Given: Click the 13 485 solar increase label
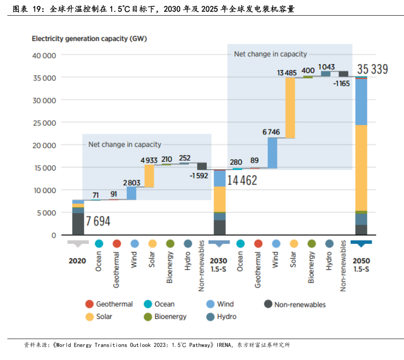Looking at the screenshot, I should (x=287, y=72).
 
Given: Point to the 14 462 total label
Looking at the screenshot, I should (x=242, y=180).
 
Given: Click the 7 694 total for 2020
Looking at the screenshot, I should (x=98, y=221).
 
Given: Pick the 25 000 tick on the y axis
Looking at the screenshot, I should (x=44, y=122).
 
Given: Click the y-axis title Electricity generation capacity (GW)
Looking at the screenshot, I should (x=89, y=38).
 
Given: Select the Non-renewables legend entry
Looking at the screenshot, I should (x=300, y=304).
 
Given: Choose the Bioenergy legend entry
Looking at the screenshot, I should (x=170, y=316).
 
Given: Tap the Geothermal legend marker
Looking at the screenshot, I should (x=89, y=304).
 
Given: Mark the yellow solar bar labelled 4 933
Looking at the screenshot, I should (x=149, y=176).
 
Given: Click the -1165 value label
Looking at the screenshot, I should (x=341, y=83).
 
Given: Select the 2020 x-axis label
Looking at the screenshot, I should (x=77, y=261).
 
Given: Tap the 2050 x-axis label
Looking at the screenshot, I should (x=361, y=261).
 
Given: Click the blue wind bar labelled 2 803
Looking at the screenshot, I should (x=131, y=193).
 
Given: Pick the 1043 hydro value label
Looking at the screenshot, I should (x=327, y=67).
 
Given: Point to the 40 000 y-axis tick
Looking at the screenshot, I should (x=44, y=55).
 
